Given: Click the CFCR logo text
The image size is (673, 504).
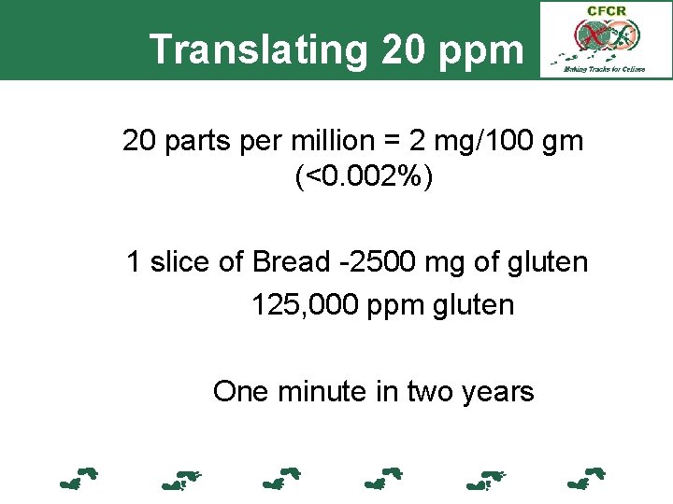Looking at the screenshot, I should [x=607, y=11].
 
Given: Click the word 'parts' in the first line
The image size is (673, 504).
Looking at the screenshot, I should [x=195, y=142].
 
